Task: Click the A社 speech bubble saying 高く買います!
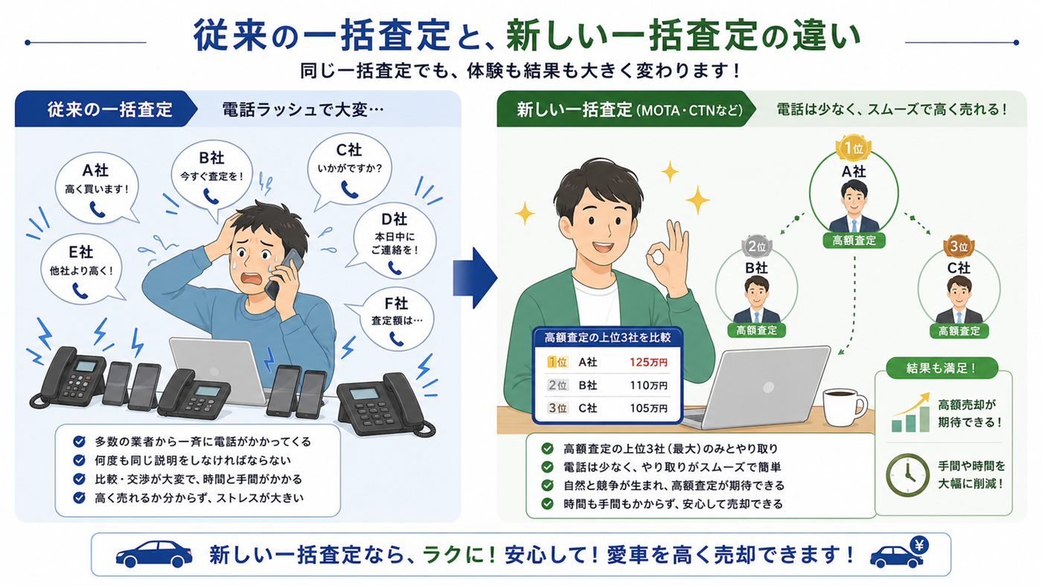click(x=96, y=188)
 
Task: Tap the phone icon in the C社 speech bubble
click(x=349, y=189)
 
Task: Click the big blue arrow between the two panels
click(x=475, y=278)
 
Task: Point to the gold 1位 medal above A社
click(x=854, y=148)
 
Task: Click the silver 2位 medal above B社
click(x=756, y=246)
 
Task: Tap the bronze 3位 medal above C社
click(x=959, y=246)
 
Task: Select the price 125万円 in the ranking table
click(x=648, y=362)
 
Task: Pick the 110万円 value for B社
click(x=648, y=386)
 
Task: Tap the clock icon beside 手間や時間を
click(x=907, y=475)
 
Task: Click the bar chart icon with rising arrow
click(x=910, y=413)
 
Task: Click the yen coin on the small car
click(x=918, y=544)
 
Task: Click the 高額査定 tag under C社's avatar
click(x=959, y=331)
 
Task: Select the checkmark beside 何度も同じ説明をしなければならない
click(x=80, y=460)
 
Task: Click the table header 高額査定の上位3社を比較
click(x=607, y=337)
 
